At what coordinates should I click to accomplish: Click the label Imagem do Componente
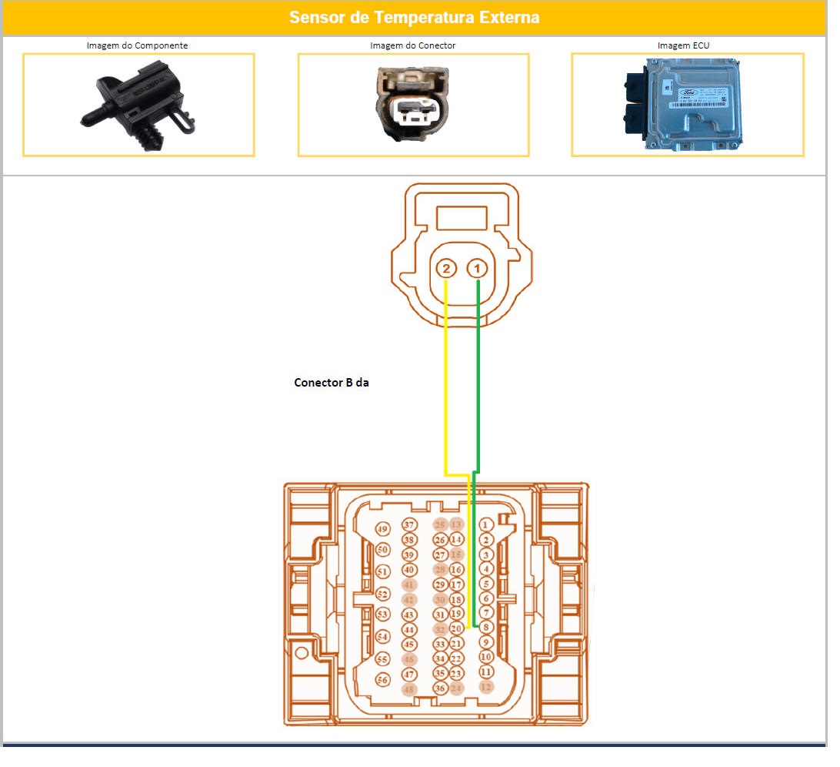point(137,45)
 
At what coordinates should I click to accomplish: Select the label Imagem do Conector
point(412,45)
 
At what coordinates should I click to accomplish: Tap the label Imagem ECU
point(683,45)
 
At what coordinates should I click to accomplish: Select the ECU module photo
point(683,104)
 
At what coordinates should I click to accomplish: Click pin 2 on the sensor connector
point(446,269)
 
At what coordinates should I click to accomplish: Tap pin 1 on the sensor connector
point(478,269)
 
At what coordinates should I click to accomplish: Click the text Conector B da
point(332,382)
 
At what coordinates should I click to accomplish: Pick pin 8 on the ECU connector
point(486,628)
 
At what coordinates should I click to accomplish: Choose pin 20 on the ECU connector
point(456,629)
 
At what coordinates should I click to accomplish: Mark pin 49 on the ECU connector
point(383,529)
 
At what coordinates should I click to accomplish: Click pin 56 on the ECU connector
point(383,680)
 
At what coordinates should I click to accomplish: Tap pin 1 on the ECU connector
point(486,525)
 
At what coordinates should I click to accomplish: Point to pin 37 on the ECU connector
point(409,525)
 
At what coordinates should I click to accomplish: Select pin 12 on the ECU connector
point(486,686)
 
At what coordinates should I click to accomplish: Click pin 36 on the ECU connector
point(440,688)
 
